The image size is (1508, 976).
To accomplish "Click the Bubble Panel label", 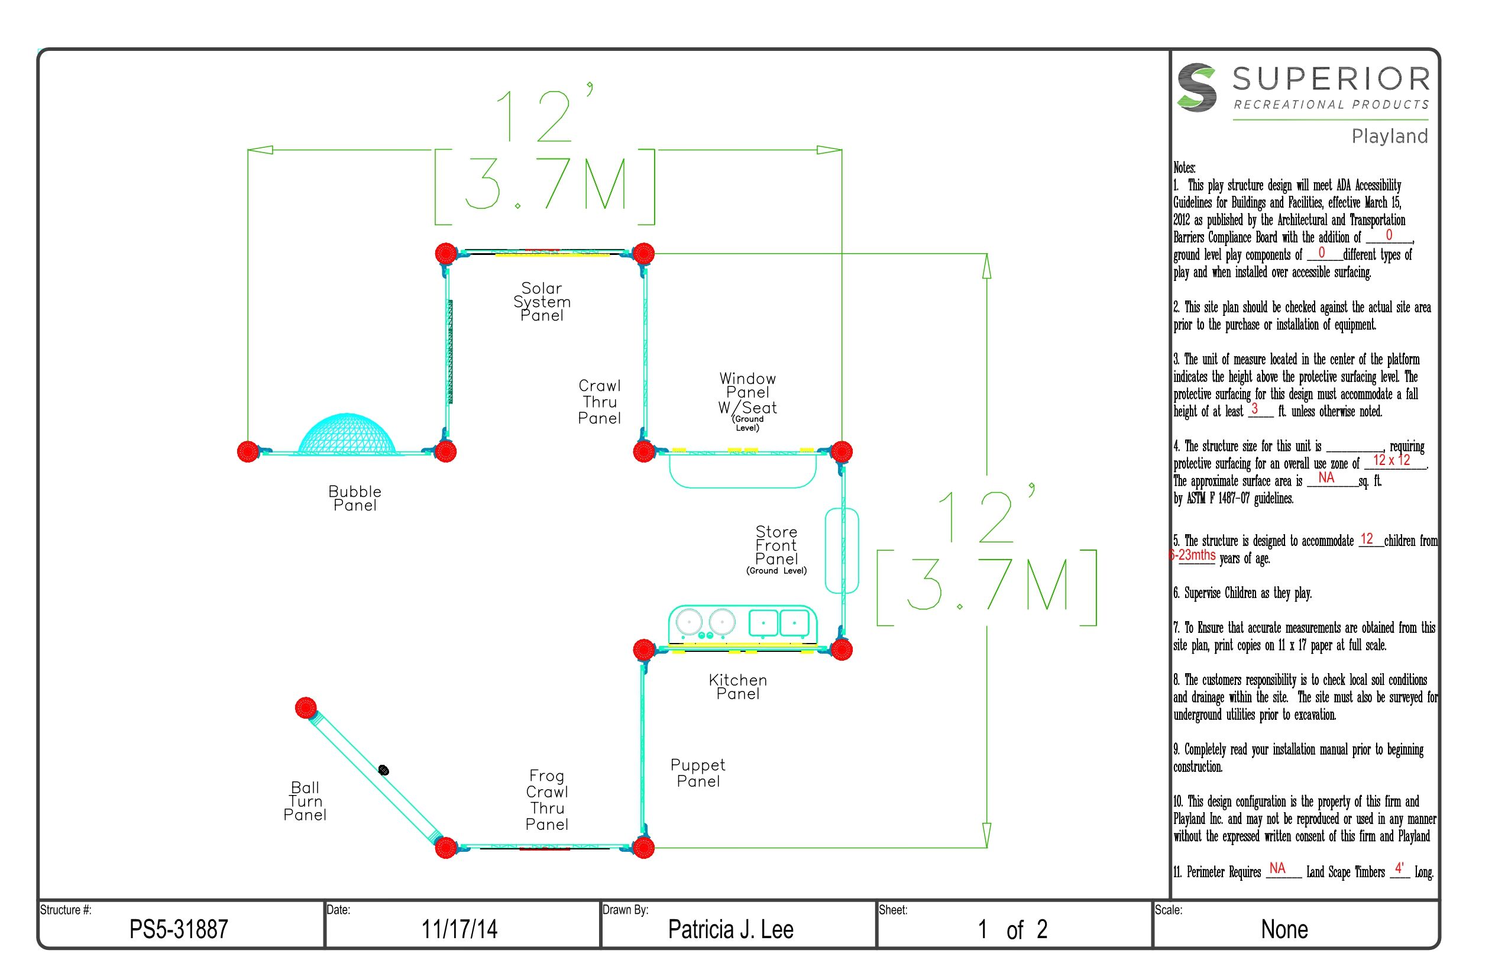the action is pos(355,498).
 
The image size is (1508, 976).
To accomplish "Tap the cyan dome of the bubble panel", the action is pos(347,434).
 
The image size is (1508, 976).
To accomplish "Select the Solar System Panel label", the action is pos(542,302).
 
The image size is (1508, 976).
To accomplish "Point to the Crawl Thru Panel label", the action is pos(600,402).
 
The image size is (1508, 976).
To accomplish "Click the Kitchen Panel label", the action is pos(737,686).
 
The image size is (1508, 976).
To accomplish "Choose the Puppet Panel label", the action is pos(698,773).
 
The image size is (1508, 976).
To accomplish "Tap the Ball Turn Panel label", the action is pos(305,801).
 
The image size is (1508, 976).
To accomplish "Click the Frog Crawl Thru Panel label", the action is pos(547,800).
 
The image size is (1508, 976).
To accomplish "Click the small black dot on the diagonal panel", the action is pos(383,770).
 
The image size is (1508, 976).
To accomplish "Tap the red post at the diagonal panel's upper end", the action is pos(306,708).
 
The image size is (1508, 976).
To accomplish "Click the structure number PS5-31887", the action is pos(179,929).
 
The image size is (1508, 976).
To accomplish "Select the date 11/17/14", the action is pos(459,929).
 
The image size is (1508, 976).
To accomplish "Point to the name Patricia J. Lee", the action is pos(730,929).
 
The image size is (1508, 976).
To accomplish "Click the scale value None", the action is pos(1284,929).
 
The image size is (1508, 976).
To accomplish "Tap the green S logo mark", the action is pos(1196,88).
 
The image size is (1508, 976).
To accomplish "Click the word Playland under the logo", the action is pos(1390,136).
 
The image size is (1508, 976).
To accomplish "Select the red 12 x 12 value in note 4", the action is pos(1391,460).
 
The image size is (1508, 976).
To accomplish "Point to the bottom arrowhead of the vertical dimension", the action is pos(986,835).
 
